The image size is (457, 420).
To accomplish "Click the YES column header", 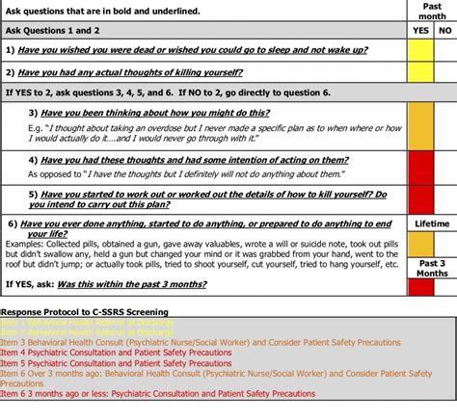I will point(420,31).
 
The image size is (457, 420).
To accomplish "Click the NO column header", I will point(444,31).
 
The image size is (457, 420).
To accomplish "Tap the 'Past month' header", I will point(432,12).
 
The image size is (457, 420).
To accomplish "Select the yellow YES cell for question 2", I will point(420,71).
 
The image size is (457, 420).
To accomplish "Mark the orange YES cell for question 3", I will point(420,125).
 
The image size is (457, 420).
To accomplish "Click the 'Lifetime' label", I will point(432,224).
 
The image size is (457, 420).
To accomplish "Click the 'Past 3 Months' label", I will point(432,267).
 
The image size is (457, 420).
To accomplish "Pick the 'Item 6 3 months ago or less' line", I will point(158,394).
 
